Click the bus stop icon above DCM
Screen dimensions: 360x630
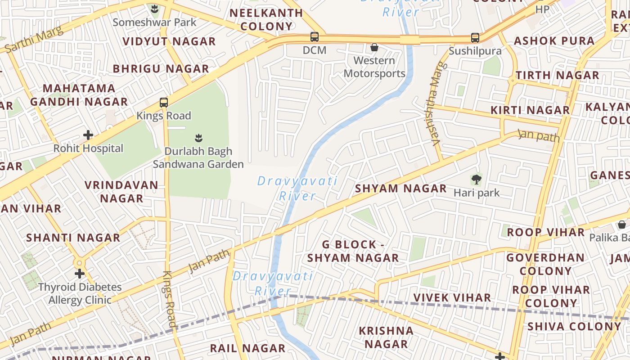click(x=315, y=37)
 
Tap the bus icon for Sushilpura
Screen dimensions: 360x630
click(x=475, y=38)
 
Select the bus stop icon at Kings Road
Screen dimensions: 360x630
click(x=164, y=103)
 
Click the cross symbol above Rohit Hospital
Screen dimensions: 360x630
click(x=88, y=135)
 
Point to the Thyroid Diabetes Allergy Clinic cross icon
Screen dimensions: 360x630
click(x=80, y=273)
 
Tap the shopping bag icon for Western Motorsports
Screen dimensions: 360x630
click(x=374, y=47)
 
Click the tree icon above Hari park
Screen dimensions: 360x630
click(x=476, y=180)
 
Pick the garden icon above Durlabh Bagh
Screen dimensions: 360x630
click(x=198, y=138)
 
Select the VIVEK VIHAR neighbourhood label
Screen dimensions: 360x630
click(x=452, y=297)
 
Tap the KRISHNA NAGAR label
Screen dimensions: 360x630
click(x=386, y=337)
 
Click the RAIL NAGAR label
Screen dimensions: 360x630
click(x=247, y=348)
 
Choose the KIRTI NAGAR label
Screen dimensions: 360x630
click(x=530, y=110)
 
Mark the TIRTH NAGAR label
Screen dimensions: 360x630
click(x=557, y=75)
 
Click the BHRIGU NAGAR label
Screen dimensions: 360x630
click(x=161, y=69)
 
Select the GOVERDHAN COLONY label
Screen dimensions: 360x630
click(x=545, y=264)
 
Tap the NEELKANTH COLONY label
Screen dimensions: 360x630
click(x=266, y=19)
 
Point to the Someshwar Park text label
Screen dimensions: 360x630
click(x=154, y=22)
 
